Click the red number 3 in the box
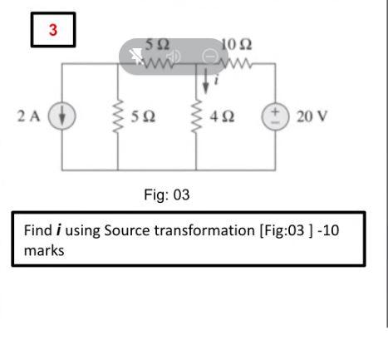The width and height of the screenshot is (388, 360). (x=53, y=31)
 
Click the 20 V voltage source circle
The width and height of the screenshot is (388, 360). (x=275, y=115)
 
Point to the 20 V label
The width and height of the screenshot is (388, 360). (x=312, y=115)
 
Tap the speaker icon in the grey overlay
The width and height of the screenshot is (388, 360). (x=174, y=57)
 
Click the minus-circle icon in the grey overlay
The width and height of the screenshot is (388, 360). (x=210, y=57)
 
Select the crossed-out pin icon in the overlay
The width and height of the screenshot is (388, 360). (x=136, y=57)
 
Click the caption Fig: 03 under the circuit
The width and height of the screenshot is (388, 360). (x=167, y=195)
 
